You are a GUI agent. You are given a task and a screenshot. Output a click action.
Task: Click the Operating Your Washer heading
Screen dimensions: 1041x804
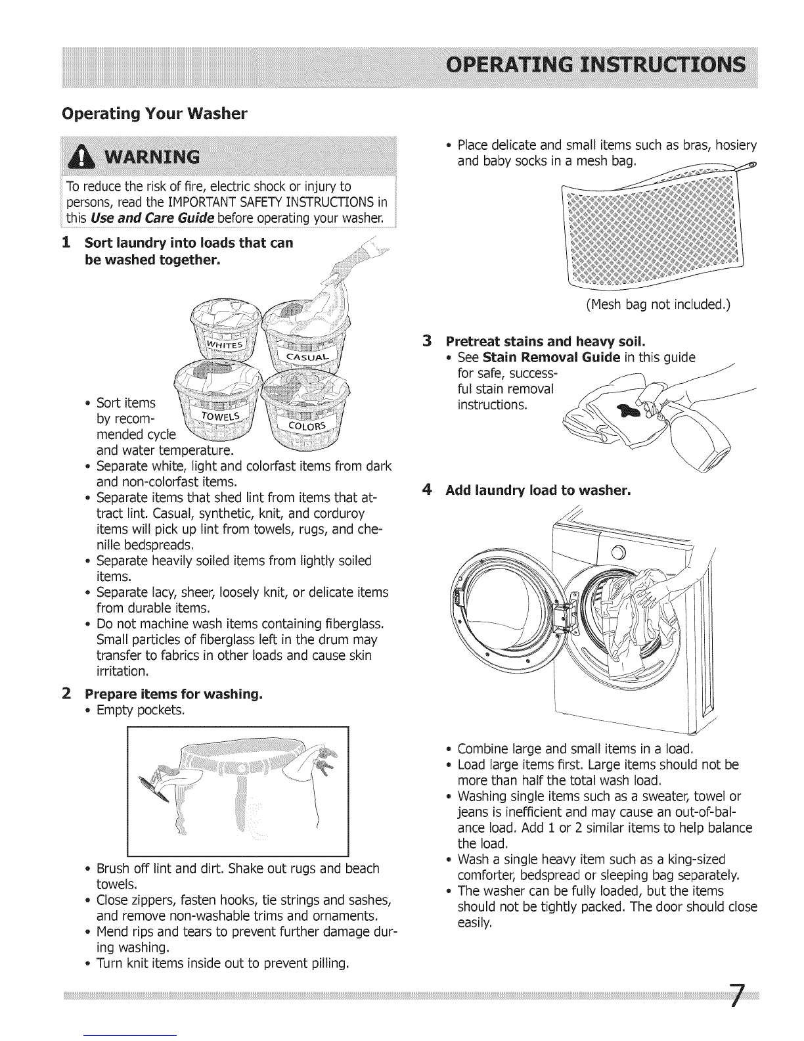[x=154, y=114]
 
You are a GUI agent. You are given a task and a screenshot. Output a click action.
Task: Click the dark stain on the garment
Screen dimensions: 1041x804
[x=625, y=412]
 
